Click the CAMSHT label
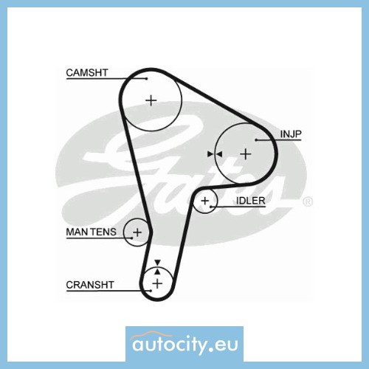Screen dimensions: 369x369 (x=87, y=72)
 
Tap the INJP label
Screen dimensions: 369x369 (x=291, y=134)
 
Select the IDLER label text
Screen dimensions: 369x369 (x=251, y=201)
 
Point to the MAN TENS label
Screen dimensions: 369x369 (x=92, y=232)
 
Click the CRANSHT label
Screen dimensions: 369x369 (x=90, y=285)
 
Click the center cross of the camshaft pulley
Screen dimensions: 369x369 (x=151, y=100)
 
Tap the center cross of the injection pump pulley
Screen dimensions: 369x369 (x=246, y=154)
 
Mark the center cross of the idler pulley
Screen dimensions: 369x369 (x=204, y=201)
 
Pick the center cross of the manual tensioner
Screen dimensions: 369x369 (x=137, y=232)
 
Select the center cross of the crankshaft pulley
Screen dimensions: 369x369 (x=157, y=283)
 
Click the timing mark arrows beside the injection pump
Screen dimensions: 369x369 (x=215, y=154)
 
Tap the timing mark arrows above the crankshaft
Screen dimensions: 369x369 (x=158, y=267)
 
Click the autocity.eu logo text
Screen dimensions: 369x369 (x=185, y=345)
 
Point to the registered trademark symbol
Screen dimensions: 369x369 (x=308, y=201)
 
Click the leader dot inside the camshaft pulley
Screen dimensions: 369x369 (x=147, y=79)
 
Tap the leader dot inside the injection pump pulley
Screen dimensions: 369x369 (x=256, y=140)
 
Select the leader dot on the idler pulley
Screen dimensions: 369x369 (x=211, y=207)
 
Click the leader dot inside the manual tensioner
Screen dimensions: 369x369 (x=132, y=238)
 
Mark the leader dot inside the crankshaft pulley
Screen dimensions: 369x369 (x=151, y=291)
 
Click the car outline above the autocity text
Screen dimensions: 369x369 (x=151, y=335)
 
